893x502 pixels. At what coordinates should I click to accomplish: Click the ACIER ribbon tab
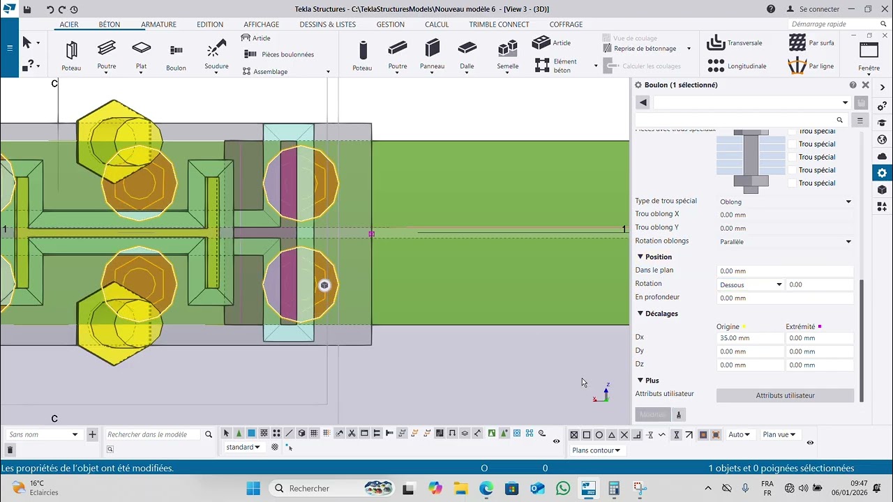pyautogui.click(x=69, y=24)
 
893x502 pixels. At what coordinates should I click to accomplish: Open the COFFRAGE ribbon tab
pyautogui.click(x=566, y=24)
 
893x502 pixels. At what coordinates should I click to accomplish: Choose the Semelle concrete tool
pyautogui.click(x=508, y=54)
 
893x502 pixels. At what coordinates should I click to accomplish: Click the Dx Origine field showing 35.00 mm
pyautogui.click(x=749, y=338)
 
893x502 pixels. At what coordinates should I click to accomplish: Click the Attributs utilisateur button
pyautogui.click(x=785, y=395)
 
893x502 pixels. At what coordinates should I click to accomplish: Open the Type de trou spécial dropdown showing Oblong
pyautogui.click(x=785, y=202)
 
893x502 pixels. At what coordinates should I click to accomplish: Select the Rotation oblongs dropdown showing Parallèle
pyautogui.click(x=785, y=242)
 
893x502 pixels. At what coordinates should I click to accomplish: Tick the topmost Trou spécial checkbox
pyautogui.click(x=793, y=131)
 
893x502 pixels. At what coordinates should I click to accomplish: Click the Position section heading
pyautogui.click(x=658, y=257)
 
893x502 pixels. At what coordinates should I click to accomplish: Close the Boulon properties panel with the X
pyautogui.click(x=865, y=85)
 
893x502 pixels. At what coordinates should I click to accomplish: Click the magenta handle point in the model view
pyautogui.click(x=371, y=234)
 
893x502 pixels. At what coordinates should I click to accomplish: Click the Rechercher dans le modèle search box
pyautogui.click(x=153, y=434)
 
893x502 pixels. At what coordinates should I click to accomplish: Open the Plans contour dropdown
pyautogui.click(x=596, y=450)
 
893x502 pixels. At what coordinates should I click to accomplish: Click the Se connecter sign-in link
pyautogui.click(x=813, y=9)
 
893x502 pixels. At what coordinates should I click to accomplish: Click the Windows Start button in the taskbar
pyautogui.click(x=253, y=488)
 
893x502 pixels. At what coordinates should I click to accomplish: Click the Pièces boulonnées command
pyautogui.click(x=287, y=54)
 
